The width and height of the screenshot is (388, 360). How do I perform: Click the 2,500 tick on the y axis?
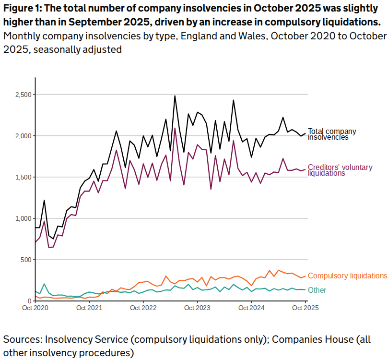pyautogui.click(x=23, y=95)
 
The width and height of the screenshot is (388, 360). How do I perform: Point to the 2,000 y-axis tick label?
pyautogui.click(x=23, y=136)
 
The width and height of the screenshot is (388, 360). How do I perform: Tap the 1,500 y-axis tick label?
pyautogui.click(x=23, y=178)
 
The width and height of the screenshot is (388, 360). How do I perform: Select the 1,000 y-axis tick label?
pyautogui.click(x=23, y=219)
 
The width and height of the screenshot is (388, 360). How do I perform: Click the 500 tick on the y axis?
pyautogui.click(x=26, y=260)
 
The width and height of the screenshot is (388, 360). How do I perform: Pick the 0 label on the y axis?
pyautogui.click(x=30, y=301)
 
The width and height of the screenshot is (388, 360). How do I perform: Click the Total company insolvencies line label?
pyautogui.click(x=332, y=134)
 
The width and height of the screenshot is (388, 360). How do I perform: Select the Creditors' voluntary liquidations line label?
pyautogui.click(x=340, y=170)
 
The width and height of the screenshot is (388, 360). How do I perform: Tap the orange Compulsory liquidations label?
pyautogui.click(x=347, y=276)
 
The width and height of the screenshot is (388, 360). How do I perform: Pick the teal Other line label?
pyautogui.click(x=317, y=290)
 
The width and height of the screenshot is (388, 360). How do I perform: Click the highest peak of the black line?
pyautogui.click(x=175, y=96)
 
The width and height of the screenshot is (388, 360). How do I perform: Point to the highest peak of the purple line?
pyautogui.click(x=175, y=128)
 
